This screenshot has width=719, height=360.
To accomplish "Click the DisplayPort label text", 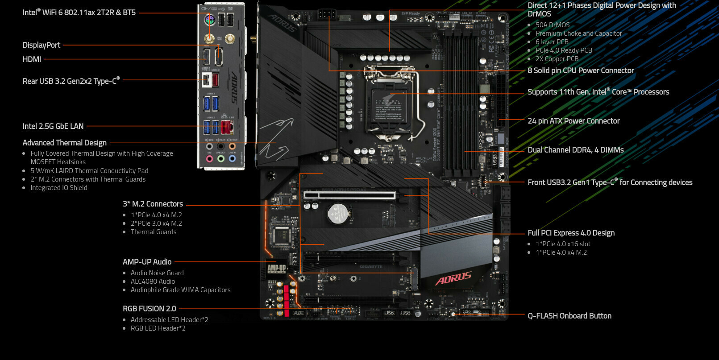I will click(x=42, y=45).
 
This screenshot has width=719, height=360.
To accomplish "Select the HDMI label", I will click(x=32, y=59).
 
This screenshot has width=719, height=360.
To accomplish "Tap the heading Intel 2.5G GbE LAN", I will click(x=53, y=126).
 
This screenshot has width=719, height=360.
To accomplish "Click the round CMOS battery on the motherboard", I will click(x=337, y=213).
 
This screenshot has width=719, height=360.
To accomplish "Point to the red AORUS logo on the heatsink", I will click(x=453, y=278).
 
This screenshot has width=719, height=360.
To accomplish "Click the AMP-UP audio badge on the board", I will click(x=276, y=268).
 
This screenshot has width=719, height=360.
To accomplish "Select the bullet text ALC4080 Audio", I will click(x=153, y=281).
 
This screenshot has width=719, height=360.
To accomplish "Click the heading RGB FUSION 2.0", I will click(x=150, y=309).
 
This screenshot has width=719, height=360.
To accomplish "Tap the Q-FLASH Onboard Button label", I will click(x=569, y=316).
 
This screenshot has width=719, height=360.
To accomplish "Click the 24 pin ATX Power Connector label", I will click(x=574, y=121).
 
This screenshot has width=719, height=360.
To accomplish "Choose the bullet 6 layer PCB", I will click(x=552, y=42).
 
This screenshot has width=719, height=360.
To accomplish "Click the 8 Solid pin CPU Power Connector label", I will click(x=581, y=70).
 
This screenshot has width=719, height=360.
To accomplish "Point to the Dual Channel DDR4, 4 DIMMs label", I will click(x=576, y=150).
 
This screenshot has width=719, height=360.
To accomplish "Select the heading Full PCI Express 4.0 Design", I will click(x=571, y=233).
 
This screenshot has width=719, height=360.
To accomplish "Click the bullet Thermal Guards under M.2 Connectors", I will click(x=154, y=232).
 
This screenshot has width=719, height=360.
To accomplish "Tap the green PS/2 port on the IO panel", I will click(x=210, y=21).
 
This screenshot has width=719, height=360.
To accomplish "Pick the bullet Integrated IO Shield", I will click(x=59, y=188).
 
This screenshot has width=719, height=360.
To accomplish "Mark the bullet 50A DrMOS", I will click(x=553, y=25).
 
